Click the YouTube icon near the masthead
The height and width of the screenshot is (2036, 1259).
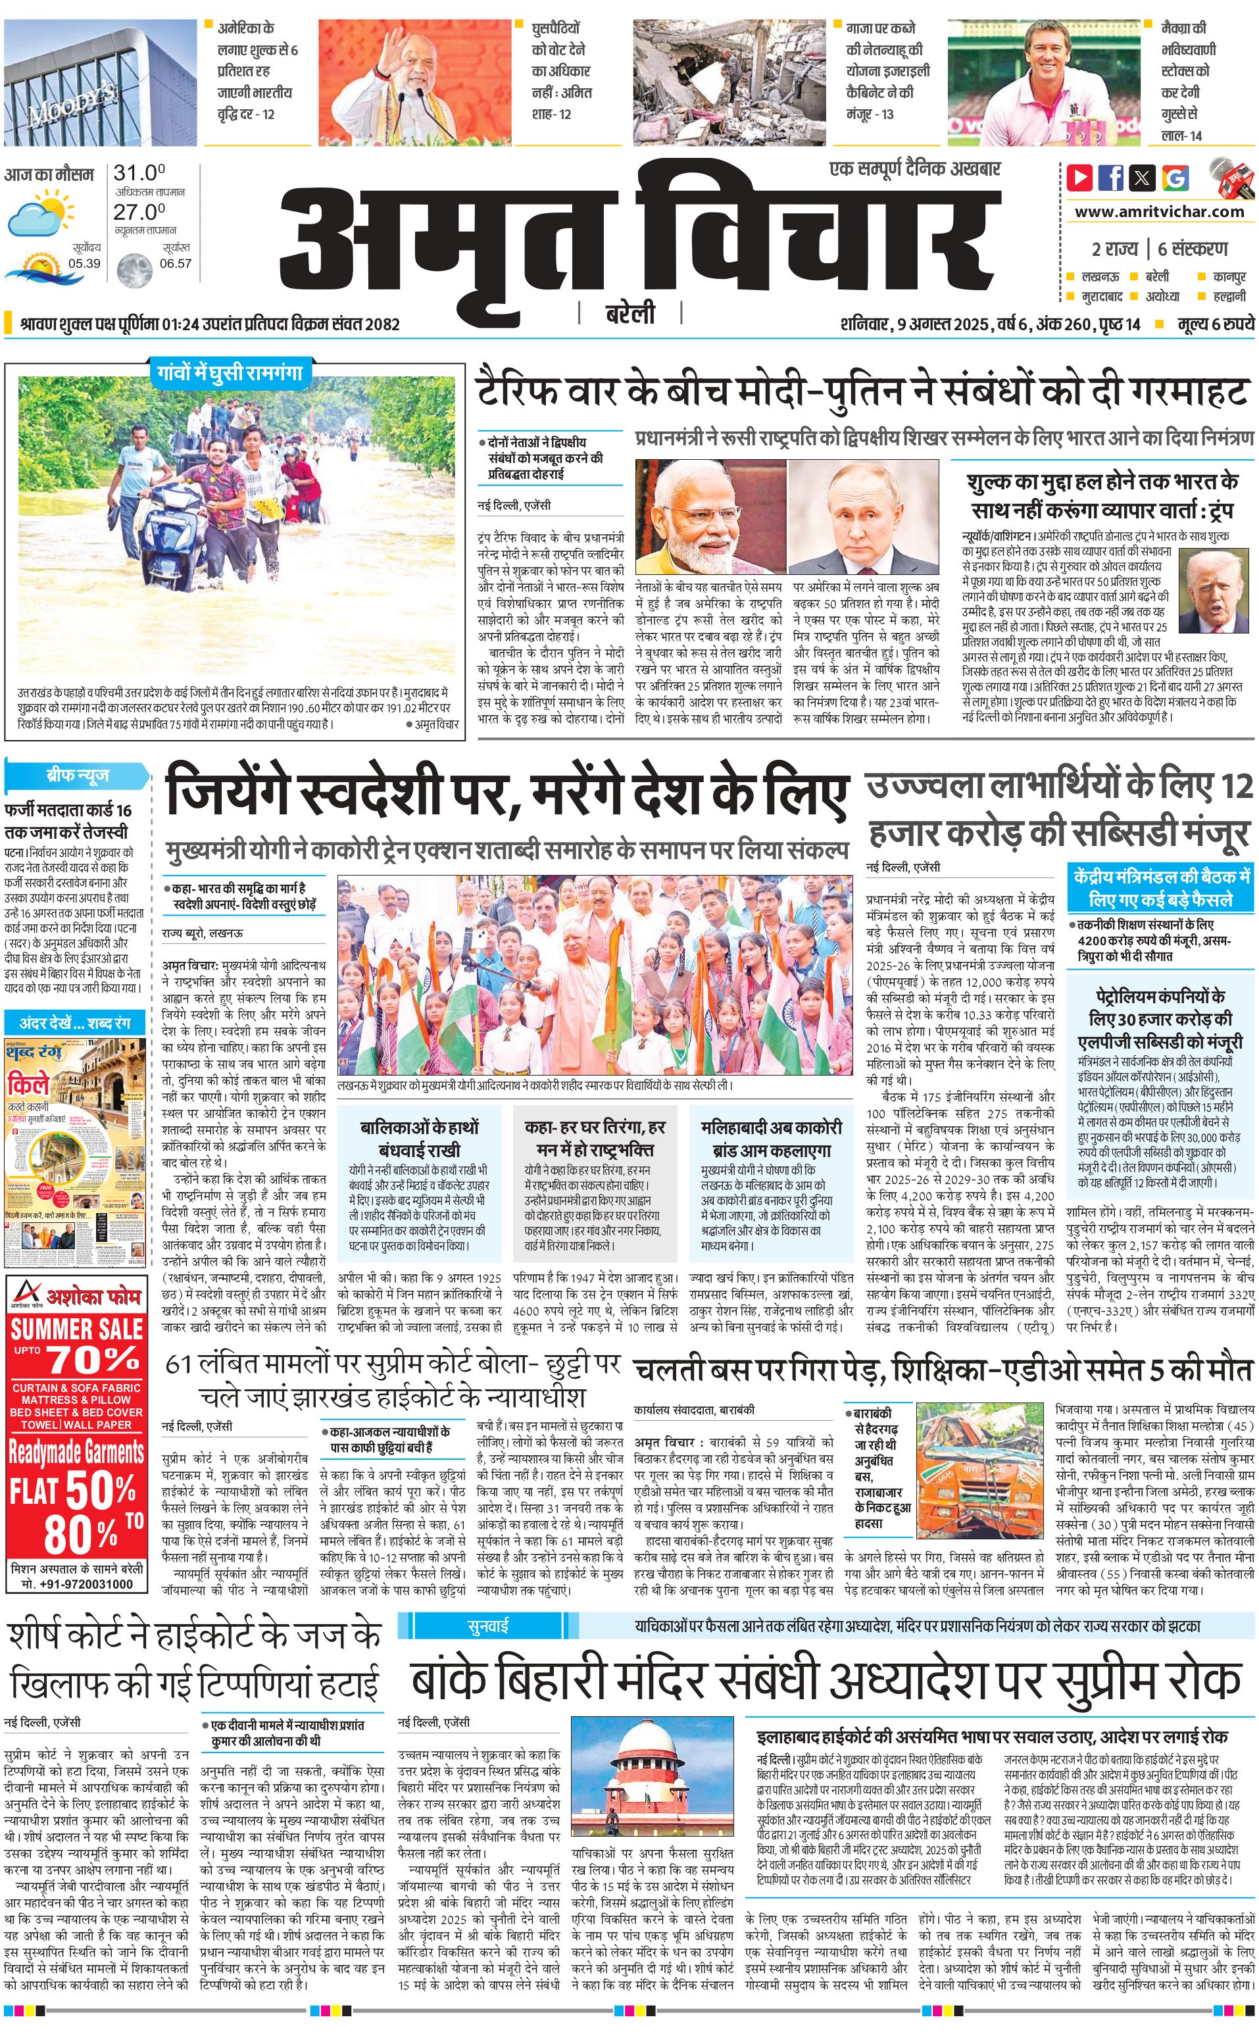pyautogui.click(x=1080, y=178)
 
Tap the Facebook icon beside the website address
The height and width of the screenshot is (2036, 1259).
pyautogui.click(x=1111, y=178)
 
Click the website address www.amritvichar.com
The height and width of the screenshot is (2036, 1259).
pyautogui.click(x=1159, y=212)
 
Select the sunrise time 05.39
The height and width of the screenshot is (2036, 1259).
pyautogui.click(x=84, y=263)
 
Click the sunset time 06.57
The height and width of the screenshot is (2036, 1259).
pyautogui.click(x=176, y=263)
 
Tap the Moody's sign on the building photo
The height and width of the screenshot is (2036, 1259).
pyautogui.click(x=71, y=104)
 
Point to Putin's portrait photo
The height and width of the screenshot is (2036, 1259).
pyautogui.click(x=864, y=516)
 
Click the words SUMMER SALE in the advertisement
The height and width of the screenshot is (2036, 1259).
pyautogui.click(x=76, y=1328)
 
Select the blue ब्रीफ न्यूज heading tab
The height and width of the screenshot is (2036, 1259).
pyautogui.click(x=76, y=776)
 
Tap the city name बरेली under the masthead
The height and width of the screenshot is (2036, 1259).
pyautogui.click(x=629, y=314)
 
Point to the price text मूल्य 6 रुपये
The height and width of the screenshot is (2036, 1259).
pyautogui.click(x=1215, y=324)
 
